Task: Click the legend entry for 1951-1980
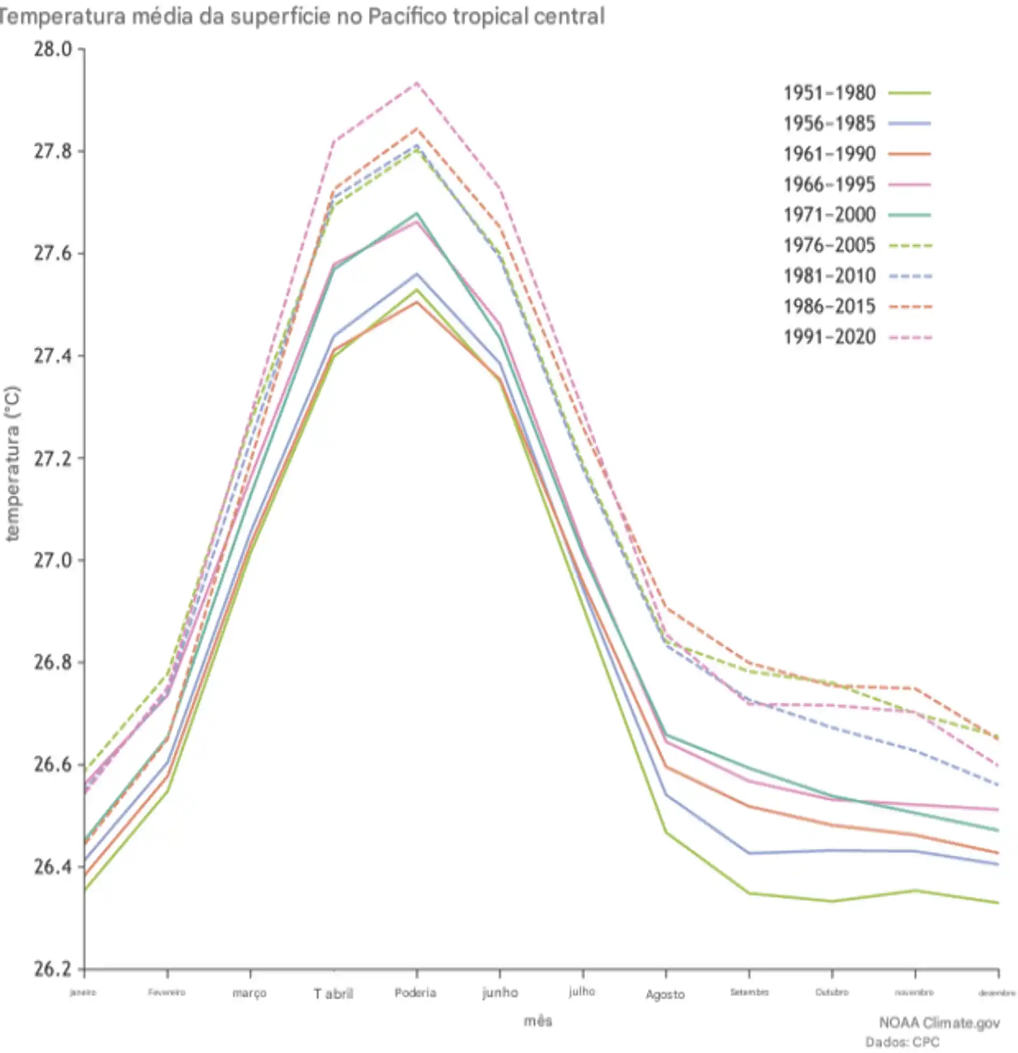(829, 93)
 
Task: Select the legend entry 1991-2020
(829, 337)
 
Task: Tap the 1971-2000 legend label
(829, 215)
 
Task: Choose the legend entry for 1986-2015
(829, 307)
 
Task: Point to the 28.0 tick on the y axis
(53, 49)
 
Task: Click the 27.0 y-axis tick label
(53, 560)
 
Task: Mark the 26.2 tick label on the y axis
(53, 969)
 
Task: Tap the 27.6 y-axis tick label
(53, 254)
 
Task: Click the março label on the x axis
(250, 993)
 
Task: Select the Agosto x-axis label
(665, 995)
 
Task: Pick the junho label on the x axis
(500, 993)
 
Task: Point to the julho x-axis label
(582, 991)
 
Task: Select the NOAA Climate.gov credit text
(939, 1022)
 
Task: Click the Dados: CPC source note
(902, 1042)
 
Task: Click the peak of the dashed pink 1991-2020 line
(416, 83)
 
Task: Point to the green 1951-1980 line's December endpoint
(998, 902)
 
